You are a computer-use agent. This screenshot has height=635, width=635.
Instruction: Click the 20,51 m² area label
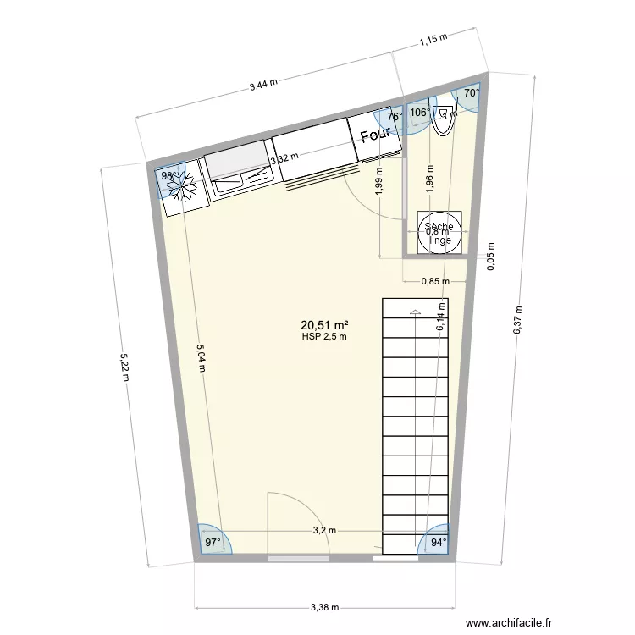pyautogui.click(x=325, y=324)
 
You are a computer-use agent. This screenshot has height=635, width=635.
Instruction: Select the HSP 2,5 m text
pyautogui.click(x=325, y=336)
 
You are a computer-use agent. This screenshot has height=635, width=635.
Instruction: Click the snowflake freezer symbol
pyautogui.click(x=185, y=186)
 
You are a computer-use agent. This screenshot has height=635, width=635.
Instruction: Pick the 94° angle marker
pyautogui.click(x=438, y=542)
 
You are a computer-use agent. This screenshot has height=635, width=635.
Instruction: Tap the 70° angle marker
pyautogui.click(x=471, y=95)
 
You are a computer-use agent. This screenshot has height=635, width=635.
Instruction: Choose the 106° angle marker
pyautogui.click(x=419, y=112)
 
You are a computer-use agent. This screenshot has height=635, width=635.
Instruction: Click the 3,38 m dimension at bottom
pyautogui.click(x=325, y=607)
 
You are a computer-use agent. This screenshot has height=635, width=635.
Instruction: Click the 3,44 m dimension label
pyautogui.click(x=264, y=85)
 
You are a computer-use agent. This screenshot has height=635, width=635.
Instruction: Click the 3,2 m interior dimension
pyautogui.click(x=324, y=531)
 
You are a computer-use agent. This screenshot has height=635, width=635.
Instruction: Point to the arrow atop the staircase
pyautogui.click(x=415, y=311)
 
